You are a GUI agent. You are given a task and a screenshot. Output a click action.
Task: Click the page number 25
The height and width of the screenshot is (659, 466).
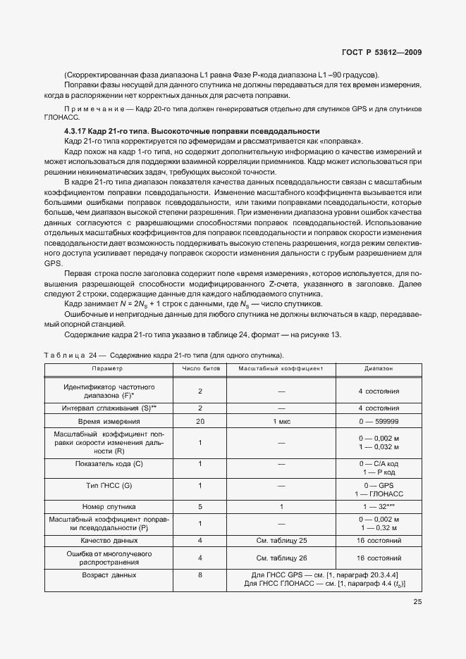(x=417, y=601)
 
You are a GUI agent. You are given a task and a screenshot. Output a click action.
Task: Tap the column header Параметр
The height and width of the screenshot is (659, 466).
(x=107, y=368)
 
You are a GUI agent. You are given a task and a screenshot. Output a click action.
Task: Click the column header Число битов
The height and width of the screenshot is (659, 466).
(x=200, y=368)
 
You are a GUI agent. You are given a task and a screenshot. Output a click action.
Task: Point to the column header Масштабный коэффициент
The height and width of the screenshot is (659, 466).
(x=281, y=368)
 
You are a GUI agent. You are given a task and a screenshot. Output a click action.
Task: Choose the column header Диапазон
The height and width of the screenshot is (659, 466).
(x=379, y=368)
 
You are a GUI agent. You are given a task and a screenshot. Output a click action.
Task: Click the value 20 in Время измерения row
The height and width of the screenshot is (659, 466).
(x=200, y=420)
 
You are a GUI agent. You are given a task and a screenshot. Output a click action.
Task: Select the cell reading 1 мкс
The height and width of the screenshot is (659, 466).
(x=281, y=420)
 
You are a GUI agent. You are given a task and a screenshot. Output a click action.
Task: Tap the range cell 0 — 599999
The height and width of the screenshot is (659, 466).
(x=379, y=420)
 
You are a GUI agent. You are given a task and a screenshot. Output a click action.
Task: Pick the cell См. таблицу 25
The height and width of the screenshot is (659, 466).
(x=281, y=540)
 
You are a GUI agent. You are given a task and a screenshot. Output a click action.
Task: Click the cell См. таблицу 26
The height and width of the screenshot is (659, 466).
(x=281, y=558)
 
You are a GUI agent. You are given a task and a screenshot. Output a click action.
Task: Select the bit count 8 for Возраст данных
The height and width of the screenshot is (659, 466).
(x=200, y=575)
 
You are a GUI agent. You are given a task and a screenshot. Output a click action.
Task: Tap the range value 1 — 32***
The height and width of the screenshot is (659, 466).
(x=379, y=506)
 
